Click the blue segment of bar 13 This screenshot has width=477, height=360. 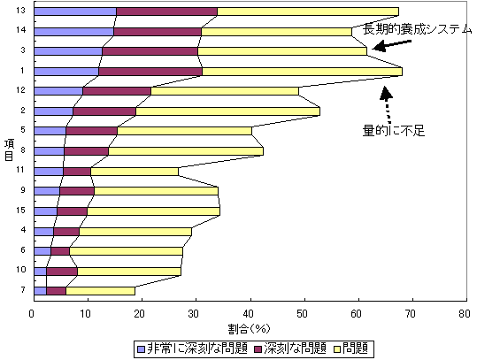point(74,11)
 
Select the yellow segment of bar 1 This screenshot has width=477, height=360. point(301,71)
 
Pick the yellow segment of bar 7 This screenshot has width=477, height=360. point(100,290)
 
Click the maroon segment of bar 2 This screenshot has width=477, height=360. point(104,111)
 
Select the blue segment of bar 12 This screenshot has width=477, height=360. point(58,90)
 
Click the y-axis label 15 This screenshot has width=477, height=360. point(19,211)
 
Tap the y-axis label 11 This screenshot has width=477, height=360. point(19,170)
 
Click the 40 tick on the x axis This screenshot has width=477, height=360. point(250,312)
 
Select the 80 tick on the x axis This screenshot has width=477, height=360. point(465,312)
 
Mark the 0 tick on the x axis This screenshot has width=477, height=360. point(33,312)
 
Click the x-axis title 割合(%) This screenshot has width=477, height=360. point(249,326)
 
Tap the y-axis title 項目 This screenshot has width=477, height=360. point(7,149)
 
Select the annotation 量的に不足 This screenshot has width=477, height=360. point(395,130)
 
